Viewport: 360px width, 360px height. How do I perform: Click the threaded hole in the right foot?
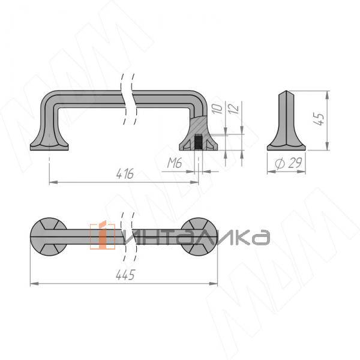coord(199,143)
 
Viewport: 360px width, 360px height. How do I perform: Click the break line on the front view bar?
coord(127,98)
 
